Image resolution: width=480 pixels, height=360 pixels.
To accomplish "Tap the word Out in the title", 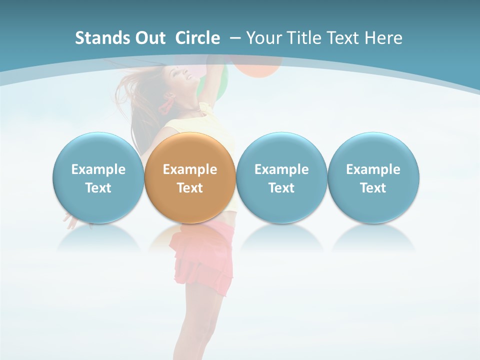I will (x=148, y=38).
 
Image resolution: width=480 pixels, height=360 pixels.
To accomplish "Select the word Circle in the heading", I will (x=197, y=38).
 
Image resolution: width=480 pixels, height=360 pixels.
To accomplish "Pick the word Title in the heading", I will (x=304, y=38).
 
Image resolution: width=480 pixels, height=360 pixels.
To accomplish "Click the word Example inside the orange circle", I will (x=190, y=169).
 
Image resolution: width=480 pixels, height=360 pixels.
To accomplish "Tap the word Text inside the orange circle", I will (x=190, y=188).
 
